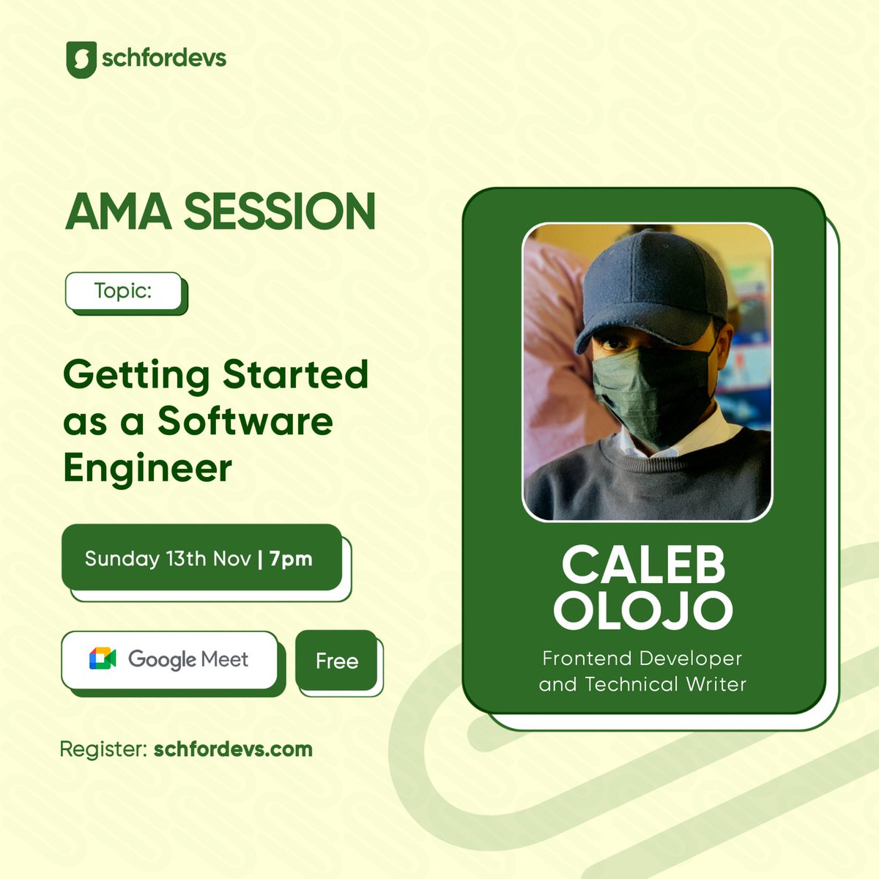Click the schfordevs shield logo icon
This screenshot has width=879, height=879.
pos(81,59)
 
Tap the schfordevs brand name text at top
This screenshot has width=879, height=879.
pos(164,58)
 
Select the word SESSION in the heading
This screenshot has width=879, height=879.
pos(280,212)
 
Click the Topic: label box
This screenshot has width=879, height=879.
pos(124,291)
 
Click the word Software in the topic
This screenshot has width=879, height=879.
pos(245,421)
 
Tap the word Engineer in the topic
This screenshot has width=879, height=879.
pos(147,468)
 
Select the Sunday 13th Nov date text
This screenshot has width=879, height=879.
pos(168,559)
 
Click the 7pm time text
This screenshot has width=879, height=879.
pos(291,559)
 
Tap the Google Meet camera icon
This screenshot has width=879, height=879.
pos(103,659)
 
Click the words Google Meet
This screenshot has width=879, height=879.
pos(188,659)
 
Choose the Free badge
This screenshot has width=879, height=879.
pos(337,661)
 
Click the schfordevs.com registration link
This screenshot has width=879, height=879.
pos(233,749)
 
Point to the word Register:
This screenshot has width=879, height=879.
pos(103,749)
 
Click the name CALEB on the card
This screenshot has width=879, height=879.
pos(643,565)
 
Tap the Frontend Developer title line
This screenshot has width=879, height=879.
pos(642,659)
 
